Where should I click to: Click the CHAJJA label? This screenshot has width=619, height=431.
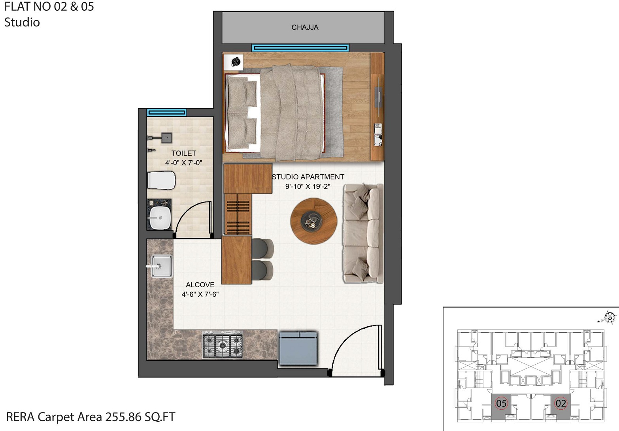tap(305, 27)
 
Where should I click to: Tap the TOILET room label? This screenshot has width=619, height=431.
tap(184, 153)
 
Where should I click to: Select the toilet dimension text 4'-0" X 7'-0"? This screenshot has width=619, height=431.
tap(184, 163)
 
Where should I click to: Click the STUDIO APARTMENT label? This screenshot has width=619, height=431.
tap(308, 177)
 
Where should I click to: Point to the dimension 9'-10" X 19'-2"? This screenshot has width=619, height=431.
tap(308, 186)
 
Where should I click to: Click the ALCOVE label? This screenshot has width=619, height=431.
tap(200, 285)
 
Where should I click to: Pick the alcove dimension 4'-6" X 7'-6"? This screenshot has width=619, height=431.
tap(200, 294)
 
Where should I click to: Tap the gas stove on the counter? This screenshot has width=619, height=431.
tap(223, 346)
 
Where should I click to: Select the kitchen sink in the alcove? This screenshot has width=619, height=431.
tap(161, 267)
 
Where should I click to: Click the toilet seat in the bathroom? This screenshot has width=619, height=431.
tap(161, 181)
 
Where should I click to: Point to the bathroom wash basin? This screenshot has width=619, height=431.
tap(160, 218)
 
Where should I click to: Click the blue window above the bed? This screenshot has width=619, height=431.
tap(300, 48)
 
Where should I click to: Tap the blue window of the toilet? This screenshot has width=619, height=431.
tap(166, 113)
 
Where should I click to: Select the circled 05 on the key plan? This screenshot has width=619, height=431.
tap(501, 403)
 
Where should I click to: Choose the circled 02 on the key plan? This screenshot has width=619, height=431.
tap(560, 403)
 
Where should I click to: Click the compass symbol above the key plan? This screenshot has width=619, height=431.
tap(610, 317)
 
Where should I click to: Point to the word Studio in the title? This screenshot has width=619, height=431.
tap(22, 23)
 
